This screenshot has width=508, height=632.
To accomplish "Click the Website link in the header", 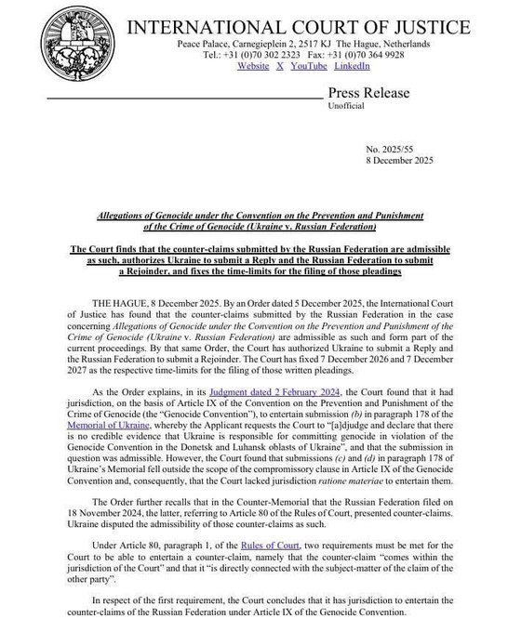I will (253, 66).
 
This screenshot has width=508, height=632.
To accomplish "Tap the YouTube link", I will (308, 66).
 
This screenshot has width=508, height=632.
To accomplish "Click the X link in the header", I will (280, 66).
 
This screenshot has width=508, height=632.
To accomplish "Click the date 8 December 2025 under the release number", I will (394, 161).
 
